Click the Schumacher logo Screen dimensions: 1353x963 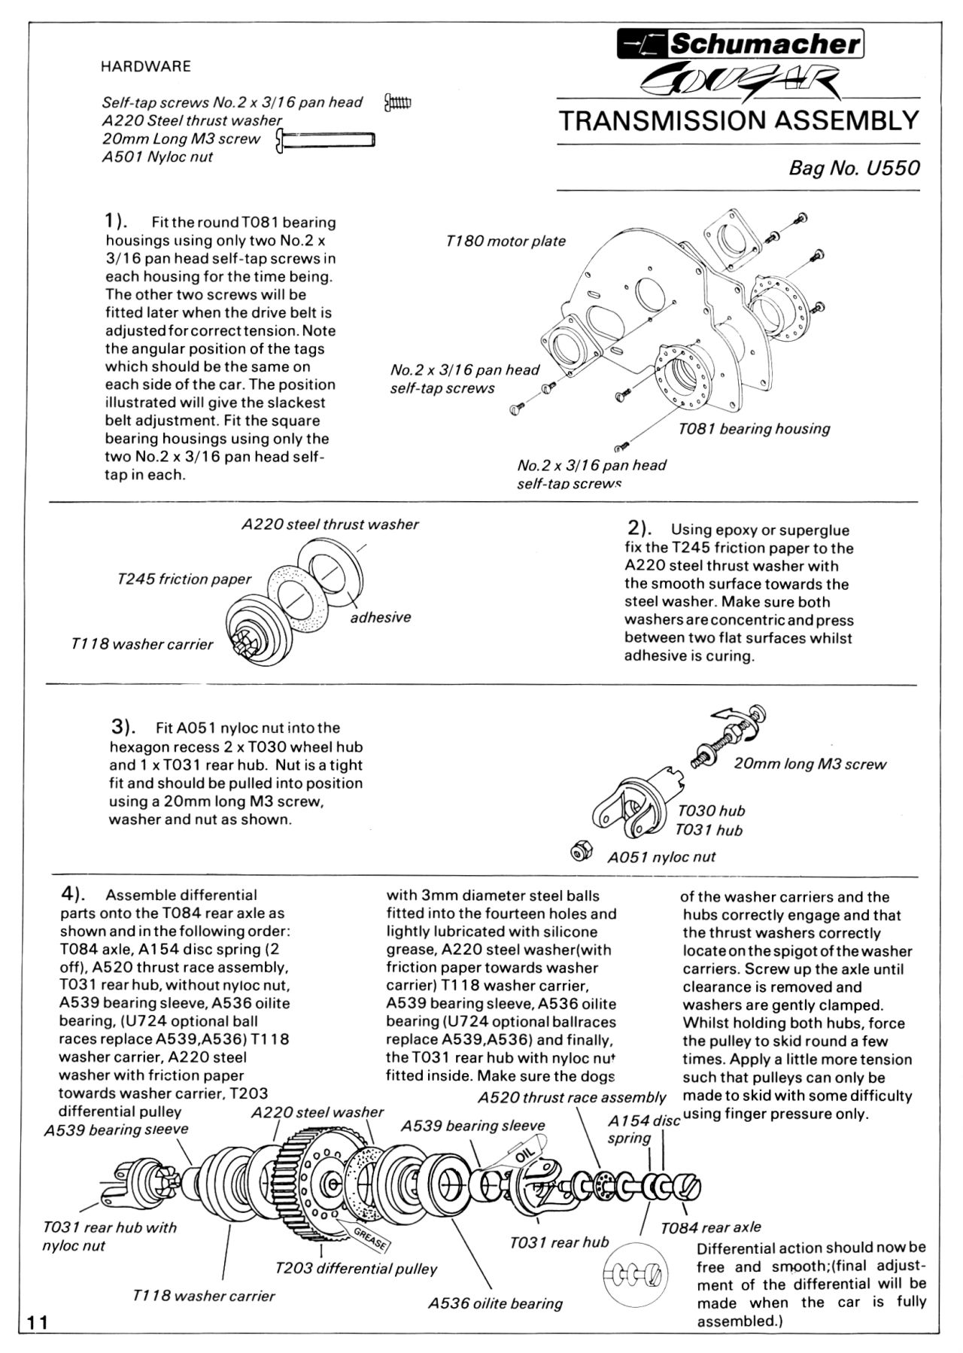[740, 44]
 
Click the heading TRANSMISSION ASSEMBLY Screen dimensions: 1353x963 [739, 121]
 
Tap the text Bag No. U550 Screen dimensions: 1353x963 [854, 168]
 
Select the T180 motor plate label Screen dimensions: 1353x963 [505, 242]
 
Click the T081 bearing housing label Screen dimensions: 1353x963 [754, 429]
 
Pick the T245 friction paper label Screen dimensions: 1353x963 [184, 579]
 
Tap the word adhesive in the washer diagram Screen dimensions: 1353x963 [381, 618]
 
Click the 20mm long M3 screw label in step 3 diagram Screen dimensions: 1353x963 [810, 765]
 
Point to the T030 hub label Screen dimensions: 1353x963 [711, 811]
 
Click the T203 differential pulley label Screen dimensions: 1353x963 [356, 1269]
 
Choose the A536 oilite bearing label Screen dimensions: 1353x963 [495, 1304]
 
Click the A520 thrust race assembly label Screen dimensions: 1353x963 [572, 1098]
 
